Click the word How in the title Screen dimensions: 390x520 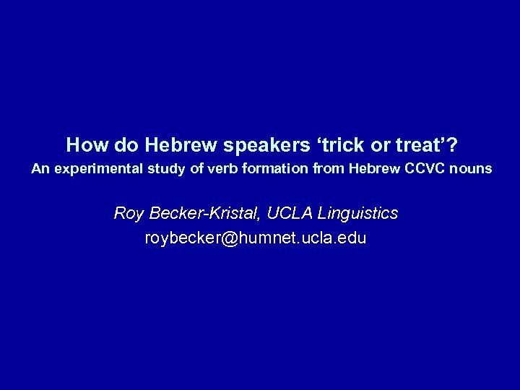coord(82,145)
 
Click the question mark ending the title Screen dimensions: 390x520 coord(451,145)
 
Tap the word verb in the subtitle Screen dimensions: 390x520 coord(191,169)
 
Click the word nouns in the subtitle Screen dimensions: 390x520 coord(469,169)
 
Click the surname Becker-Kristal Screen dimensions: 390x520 coord(201,214)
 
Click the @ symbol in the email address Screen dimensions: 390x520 coord(230,238)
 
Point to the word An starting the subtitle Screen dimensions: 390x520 coord(39,169)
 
